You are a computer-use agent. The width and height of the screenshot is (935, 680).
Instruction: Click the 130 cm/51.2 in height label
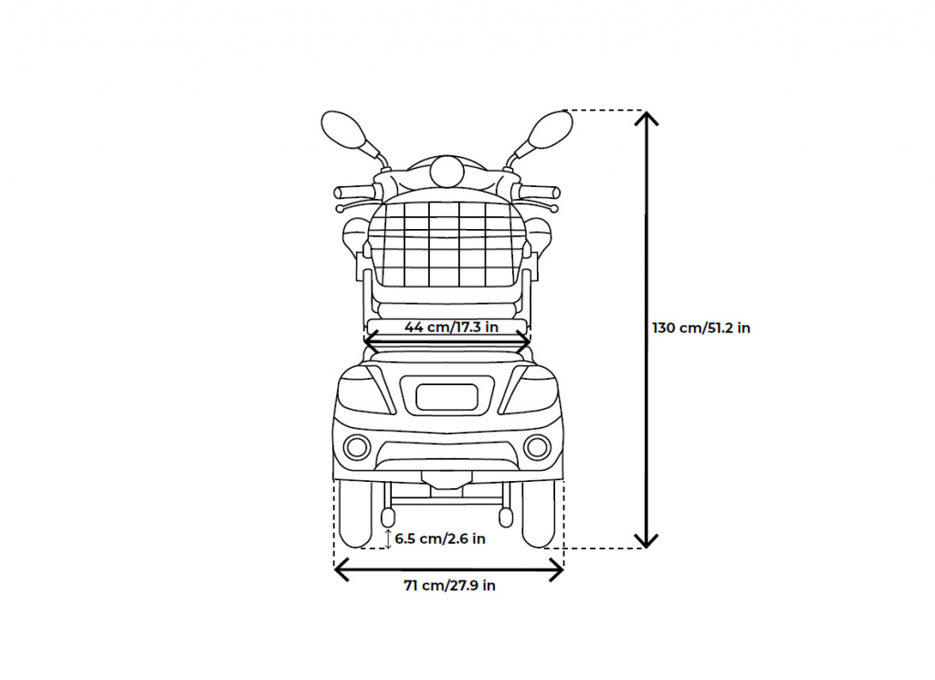coord(701,329)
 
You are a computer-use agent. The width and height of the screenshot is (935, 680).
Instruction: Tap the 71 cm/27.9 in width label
coord(449,586)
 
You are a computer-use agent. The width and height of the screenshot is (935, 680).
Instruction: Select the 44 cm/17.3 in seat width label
coord(451,327)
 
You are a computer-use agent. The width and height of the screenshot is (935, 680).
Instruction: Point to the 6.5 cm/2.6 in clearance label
coord(440,539)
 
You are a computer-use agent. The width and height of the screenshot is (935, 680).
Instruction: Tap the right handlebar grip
coord(541,192)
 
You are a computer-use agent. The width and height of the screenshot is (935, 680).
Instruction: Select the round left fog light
coord(357,447)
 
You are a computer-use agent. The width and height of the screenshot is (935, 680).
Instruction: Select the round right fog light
coord(537,447)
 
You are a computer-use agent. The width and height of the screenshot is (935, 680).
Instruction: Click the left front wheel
coord(355,514)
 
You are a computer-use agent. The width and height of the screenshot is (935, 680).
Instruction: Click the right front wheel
coord(539,514)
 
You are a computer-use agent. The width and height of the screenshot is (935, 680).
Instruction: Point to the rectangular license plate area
coord(447,397)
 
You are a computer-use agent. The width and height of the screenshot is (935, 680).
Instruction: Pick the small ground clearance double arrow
coord(388,539)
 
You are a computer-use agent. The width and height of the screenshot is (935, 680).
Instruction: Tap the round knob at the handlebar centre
coord(445,172)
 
